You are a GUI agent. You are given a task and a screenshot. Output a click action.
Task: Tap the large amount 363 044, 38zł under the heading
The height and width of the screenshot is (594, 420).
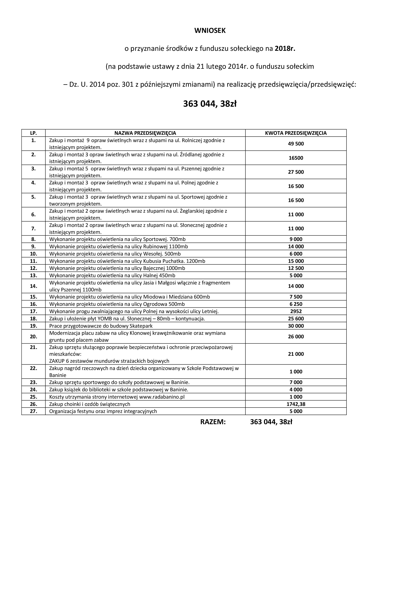click(210, 104)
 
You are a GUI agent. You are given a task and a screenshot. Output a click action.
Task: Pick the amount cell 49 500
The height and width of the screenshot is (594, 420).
click(296, 144)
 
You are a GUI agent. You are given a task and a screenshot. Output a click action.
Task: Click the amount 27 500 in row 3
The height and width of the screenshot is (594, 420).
click(296, 172)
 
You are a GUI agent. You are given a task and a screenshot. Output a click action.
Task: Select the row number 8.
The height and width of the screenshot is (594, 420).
click(33, 239)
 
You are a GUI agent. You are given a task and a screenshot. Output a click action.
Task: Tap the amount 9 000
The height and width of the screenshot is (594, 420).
click(296, 239)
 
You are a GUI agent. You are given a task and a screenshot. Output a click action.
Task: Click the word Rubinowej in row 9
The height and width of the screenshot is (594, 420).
click(154, 247)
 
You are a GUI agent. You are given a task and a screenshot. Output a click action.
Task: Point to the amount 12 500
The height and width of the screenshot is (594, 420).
click(296, 268)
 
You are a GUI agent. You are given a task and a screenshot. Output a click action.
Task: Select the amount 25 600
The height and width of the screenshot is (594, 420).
click(296, 319)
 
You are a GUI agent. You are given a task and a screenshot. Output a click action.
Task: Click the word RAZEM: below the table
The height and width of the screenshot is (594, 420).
click(213, 422)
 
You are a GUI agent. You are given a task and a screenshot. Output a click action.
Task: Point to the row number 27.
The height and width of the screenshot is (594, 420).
click(33, 411)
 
